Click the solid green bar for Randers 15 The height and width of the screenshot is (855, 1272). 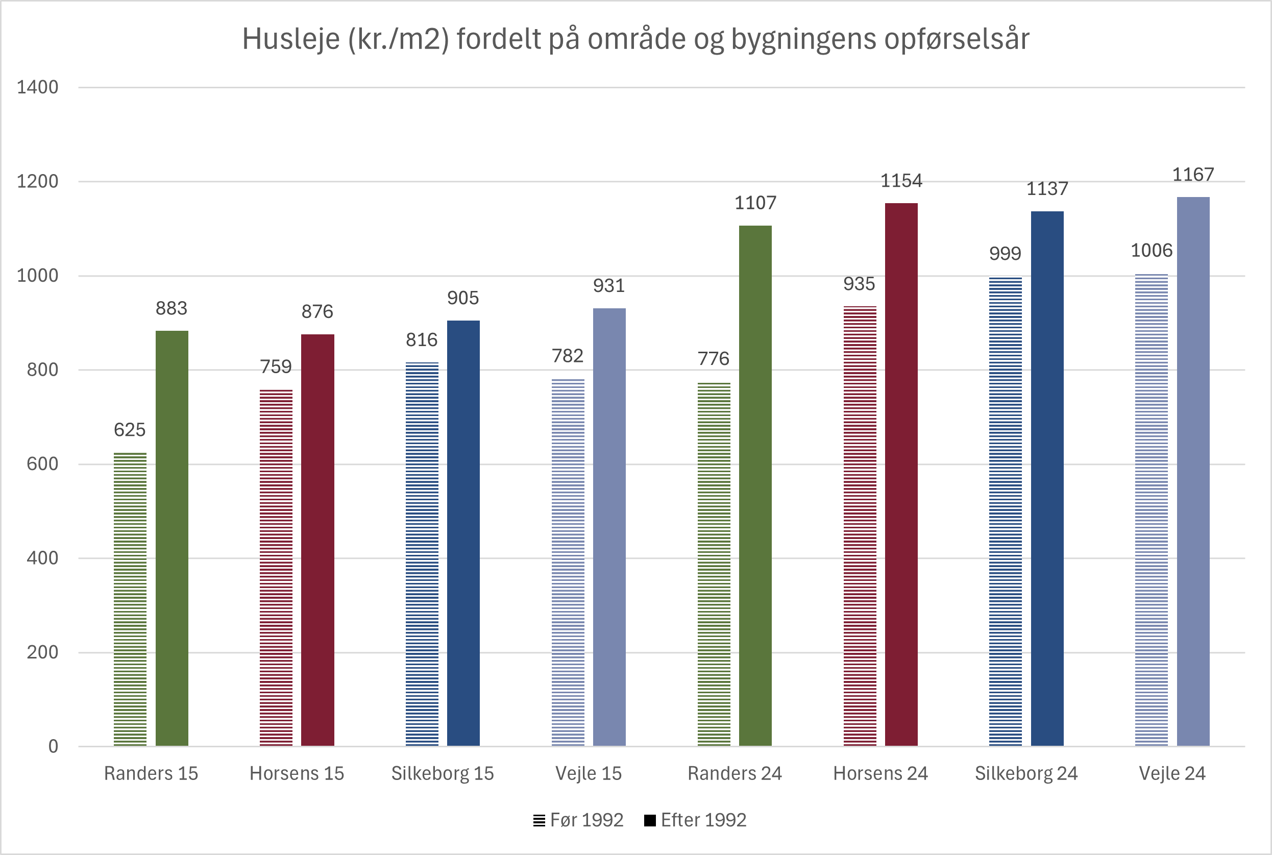pos(172,538)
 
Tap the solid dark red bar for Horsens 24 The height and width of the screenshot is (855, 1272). pos(901,474)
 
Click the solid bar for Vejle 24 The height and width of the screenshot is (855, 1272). pos(1193,472)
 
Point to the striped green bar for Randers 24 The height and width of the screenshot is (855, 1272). pos(714,565)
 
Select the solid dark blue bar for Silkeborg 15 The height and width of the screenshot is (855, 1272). pos(463,533)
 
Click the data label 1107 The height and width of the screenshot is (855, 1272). pos(755,203)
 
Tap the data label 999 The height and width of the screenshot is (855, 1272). pos(1005,254)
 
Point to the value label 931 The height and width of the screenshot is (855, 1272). pos(608,286)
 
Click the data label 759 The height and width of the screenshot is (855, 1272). pos(276,367)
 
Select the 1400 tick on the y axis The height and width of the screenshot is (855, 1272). pos(37,87)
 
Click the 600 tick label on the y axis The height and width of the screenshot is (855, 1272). pos(42,464)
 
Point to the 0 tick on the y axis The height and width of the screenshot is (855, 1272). pos(53,746)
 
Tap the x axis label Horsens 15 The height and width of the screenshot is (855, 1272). pos(297,773)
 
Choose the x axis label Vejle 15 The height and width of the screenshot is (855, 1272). pos(589,773)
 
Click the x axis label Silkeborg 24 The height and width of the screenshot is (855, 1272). pos(1026,773)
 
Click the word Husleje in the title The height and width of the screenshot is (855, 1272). pos(290,39)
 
